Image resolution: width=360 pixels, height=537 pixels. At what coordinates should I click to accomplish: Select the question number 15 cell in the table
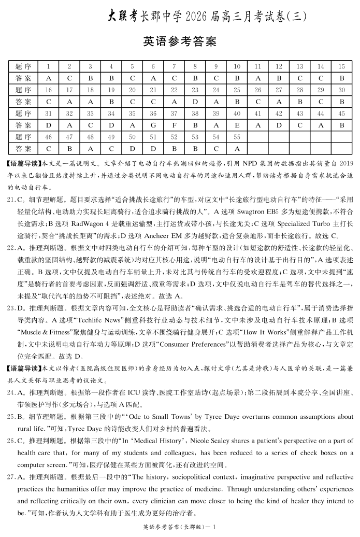coord(341,66)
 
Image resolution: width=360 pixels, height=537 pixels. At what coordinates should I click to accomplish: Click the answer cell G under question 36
coord(153,125)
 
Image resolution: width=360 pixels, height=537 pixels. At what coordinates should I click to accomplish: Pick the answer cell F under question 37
coord(174,125)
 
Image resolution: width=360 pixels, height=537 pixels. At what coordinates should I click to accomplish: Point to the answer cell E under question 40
coord(237,125)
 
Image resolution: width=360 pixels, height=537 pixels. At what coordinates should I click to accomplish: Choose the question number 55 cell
coord(237,137)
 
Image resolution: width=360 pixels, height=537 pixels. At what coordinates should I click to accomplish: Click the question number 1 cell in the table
coord(49,66)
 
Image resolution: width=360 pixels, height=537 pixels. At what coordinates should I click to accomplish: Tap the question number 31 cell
coord(49,114)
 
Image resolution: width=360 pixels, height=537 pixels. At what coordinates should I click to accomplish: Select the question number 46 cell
coord(49,137)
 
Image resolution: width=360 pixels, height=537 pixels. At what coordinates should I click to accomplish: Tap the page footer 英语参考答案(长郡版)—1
coord(180,528)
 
